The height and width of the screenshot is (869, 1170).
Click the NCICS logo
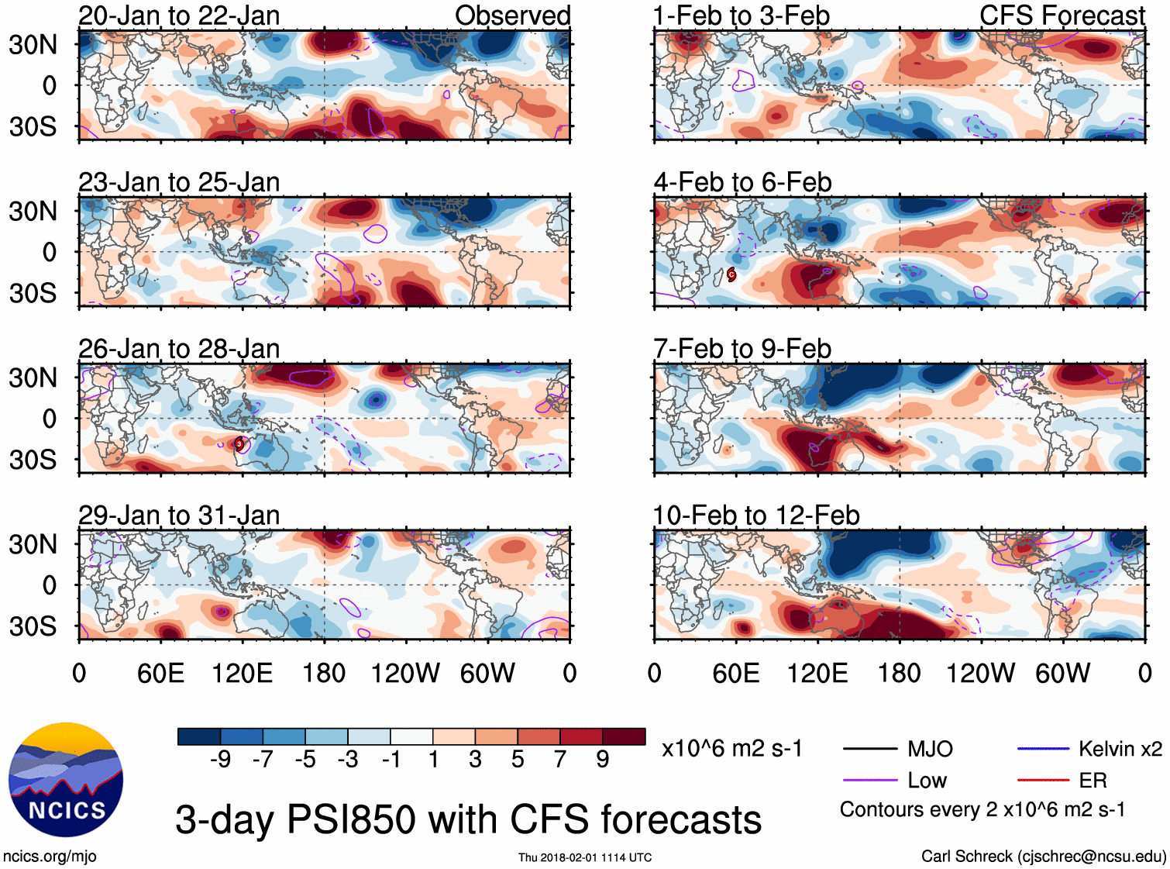(x=65, y=780)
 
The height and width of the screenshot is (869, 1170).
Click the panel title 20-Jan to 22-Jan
(x=179, y=16)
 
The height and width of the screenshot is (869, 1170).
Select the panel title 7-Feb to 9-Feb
(x=742, y=349)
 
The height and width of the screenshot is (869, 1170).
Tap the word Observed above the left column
(x=512, y=16)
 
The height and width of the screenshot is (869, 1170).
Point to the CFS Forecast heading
(x=1062, y=16)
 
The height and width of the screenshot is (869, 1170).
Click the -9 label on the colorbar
(x=220, y=759)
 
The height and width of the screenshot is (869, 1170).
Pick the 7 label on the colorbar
(x=560, y=759)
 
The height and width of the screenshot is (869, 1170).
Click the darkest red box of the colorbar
(x=624, y=736)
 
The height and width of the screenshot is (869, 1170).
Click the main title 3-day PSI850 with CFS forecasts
(x=468, y=819)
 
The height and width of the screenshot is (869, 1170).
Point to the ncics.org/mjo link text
(x=50, y=857)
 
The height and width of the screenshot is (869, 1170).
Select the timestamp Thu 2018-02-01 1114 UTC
(x=585, y=857)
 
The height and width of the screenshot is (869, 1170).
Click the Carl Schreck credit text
(x=1043, y=856)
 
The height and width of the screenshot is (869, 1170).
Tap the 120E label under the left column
(x=242, y=673)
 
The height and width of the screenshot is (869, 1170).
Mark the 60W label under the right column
(x=1062, y=673)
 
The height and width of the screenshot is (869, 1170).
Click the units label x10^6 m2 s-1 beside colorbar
(x=731, y=748)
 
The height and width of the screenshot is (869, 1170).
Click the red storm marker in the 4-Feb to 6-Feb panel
(x=731, y=274)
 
